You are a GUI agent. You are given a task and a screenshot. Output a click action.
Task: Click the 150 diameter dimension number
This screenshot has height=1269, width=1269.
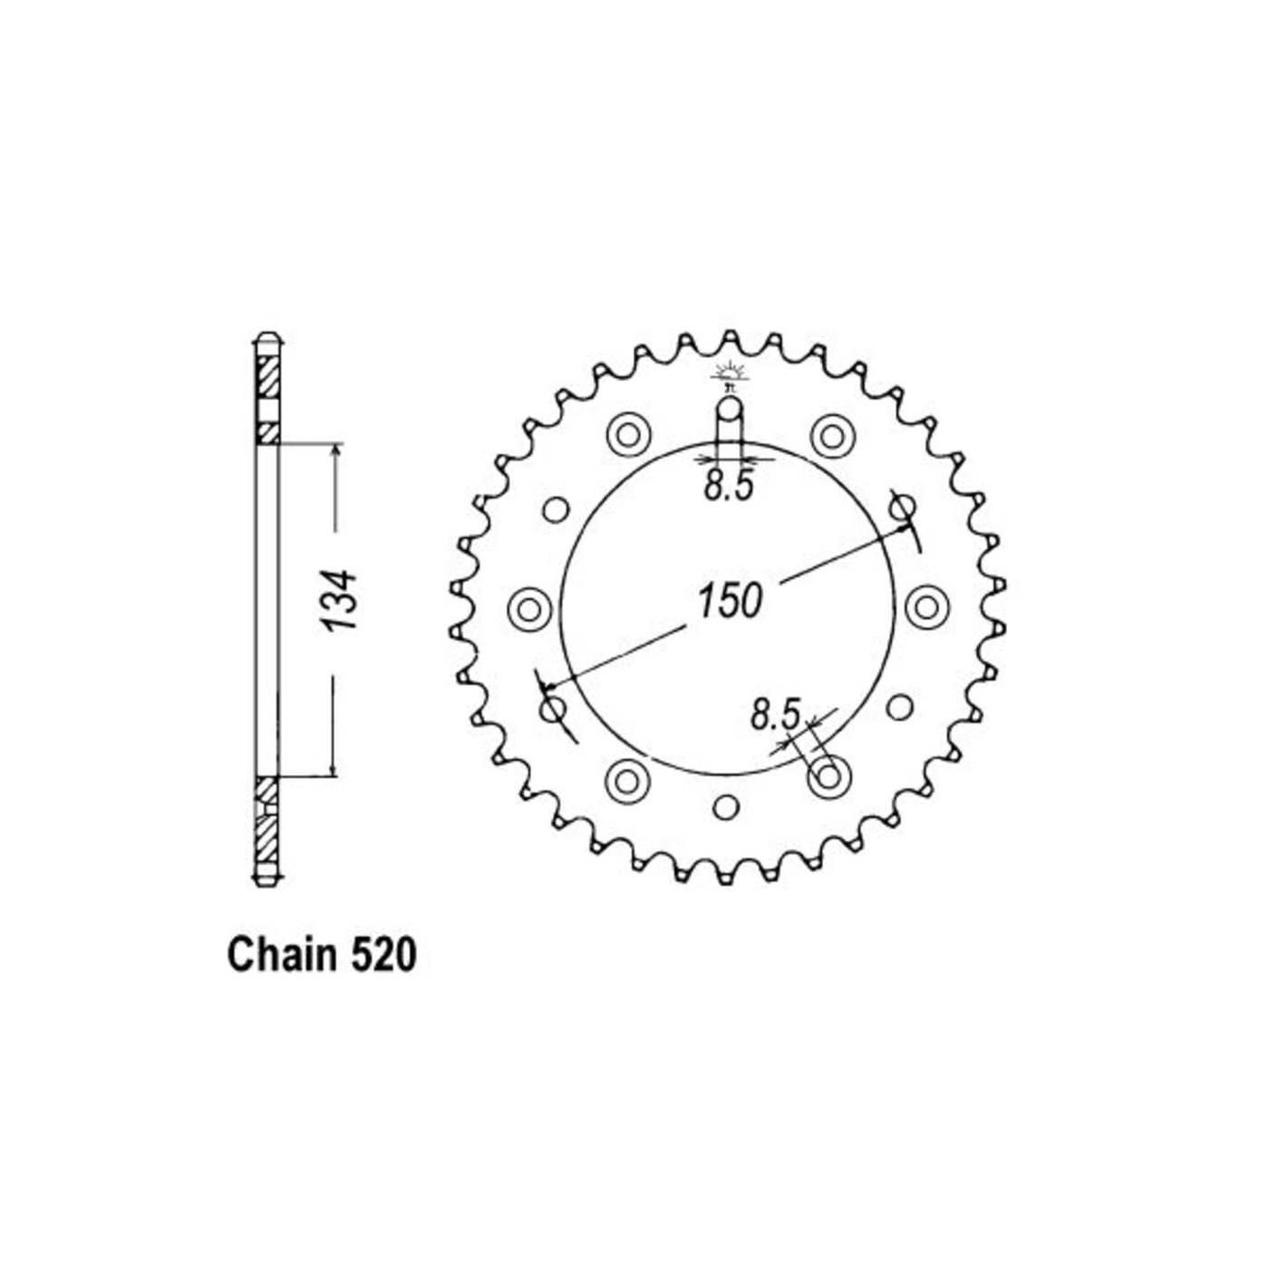click(x=730, y=601)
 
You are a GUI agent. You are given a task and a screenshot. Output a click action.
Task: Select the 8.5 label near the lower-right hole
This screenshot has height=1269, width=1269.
click(x=776, y=714)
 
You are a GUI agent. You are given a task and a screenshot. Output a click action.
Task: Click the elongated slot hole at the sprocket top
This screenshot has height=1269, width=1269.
click(x=729, y=429)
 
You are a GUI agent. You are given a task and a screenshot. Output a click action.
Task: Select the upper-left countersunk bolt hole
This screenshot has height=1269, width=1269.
click(x=628, y=435)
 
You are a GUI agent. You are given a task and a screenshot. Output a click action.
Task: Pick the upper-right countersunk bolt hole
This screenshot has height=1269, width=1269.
click(x=832, y=435)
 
